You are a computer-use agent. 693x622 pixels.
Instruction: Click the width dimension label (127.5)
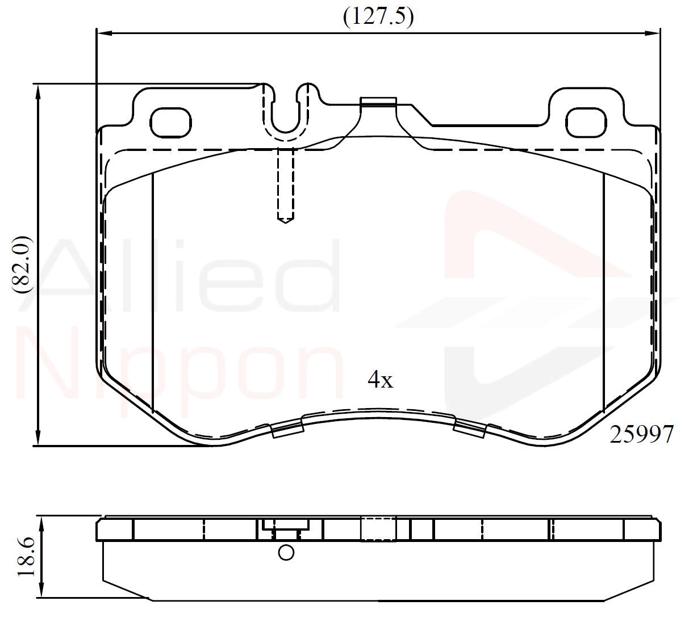click(378, 18)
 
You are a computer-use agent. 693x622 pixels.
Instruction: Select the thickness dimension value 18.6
click(26, 557)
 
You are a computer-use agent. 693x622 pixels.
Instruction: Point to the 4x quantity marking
click(381, 379)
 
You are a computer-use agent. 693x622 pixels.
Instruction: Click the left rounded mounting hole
click(170, 123)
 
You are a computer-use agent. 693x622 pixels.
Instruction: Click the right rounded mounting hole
click(586, 123)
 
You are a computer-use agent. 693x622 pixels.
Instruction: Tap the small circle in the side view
click(286, 553)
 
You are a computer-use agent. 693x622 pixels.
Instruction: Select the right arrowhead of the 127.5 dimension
click(653, 33)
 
